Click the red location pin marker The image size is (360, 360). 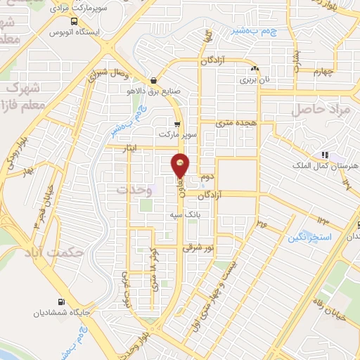click(181, 166)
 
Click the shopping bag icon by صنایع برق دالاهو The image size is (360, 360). click(154, 79)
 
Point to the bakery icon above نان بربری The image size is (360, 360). click(255, 69)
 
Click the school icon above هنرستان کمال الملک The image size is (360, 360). click(324, 155)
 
